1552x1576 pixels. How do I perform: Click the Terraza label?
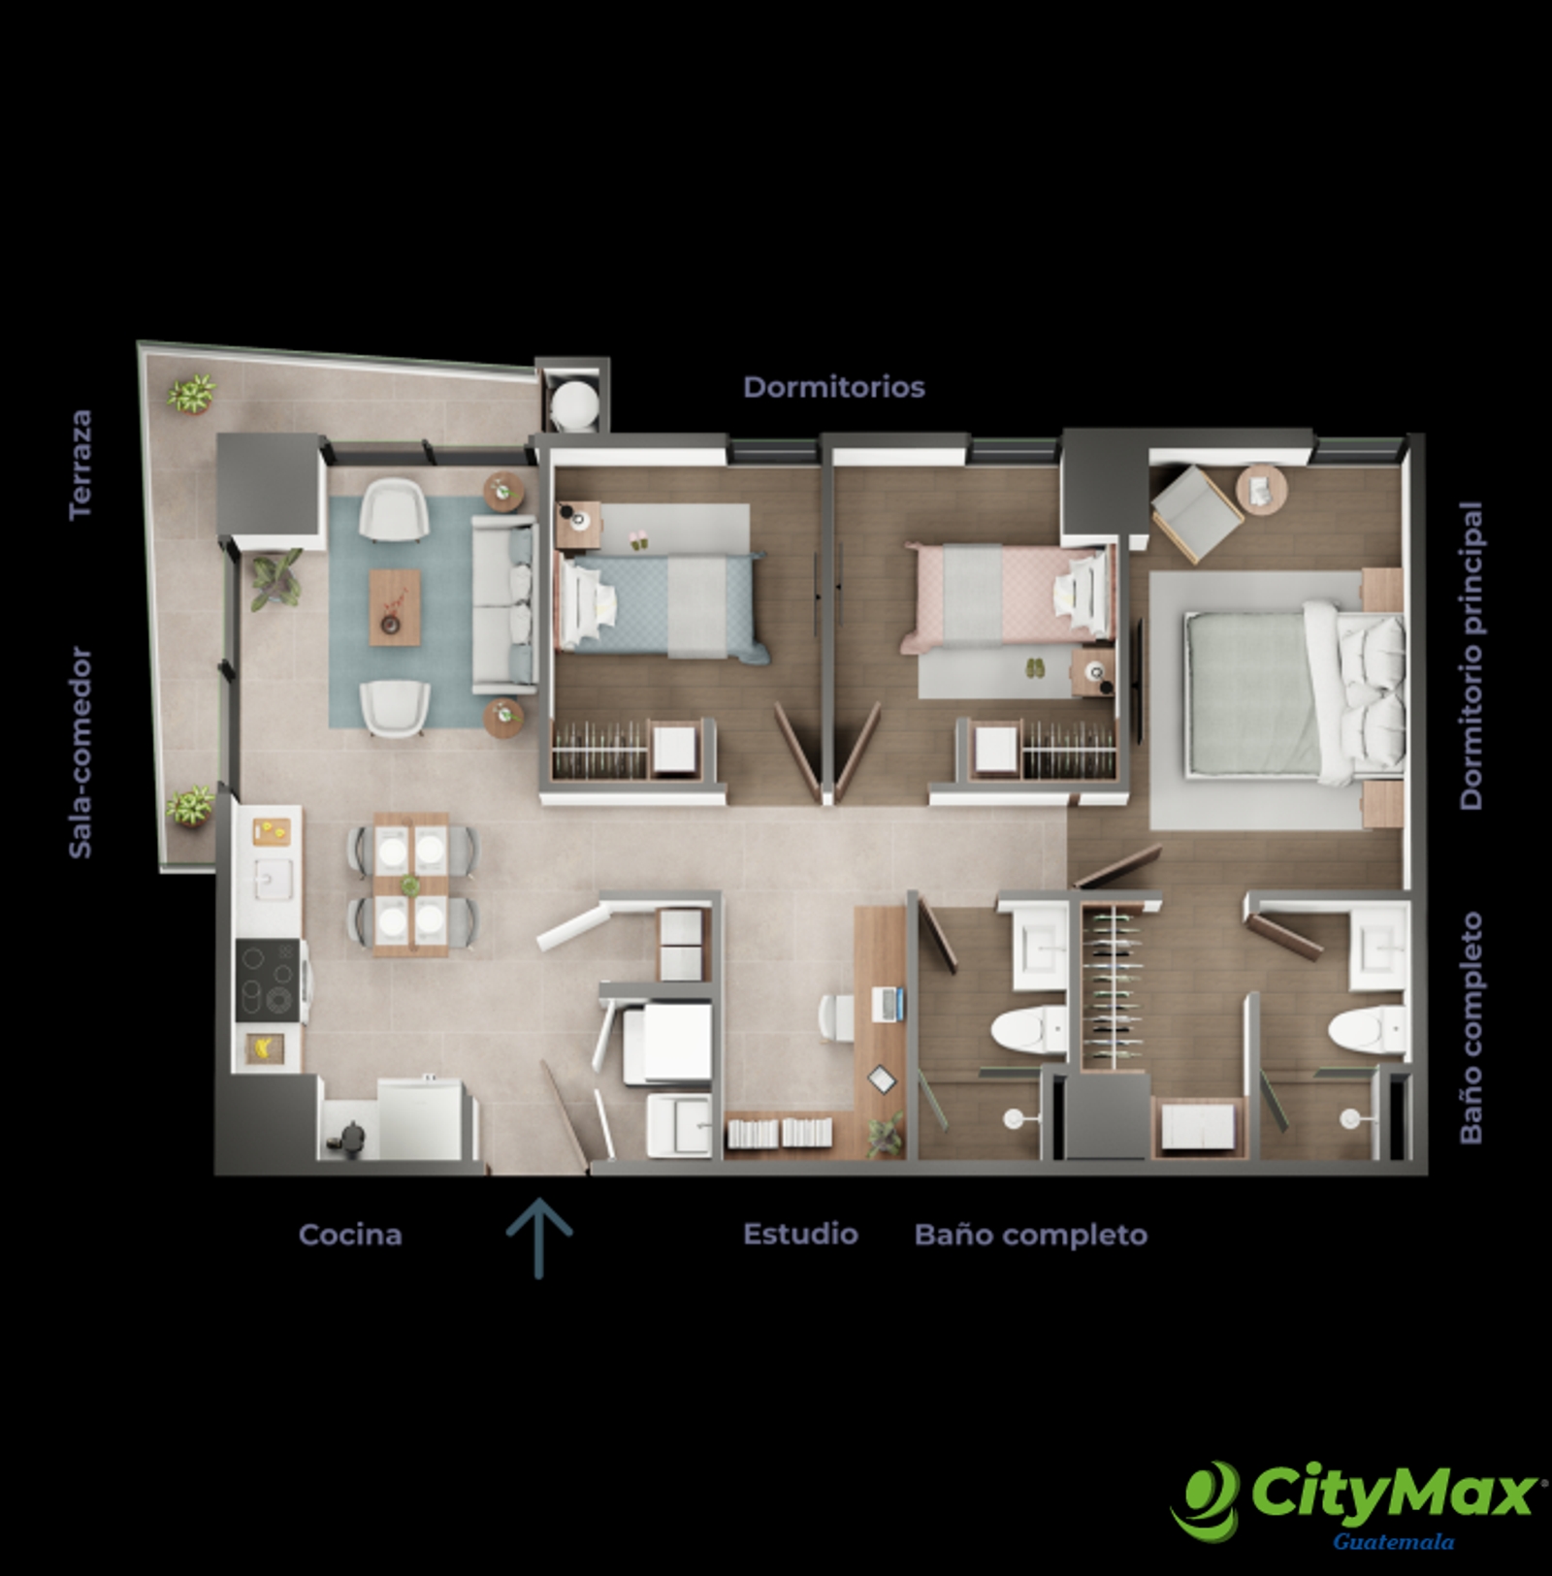click(x=81, y=464)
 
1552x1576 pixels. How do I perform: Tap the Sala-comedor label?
click(x=81, y=753)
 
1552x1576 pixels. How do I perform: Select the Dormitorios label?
click(x=833, y=387)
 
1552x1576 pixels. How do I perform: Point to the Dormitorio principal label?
click(x=1471, y=656)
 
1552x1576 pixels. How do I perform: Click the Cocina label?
click(x=350, y=1235)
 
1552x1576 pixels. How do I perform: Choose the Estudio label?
click(x=800, y=1234)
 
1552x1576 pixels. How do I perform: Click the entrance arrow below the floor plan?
click(x=539, y=1238)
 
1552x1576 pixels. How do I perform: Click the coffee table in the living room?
click(x=395, y=607)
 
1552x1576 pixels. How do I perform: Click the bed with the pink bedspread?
click(x=1007, y=595)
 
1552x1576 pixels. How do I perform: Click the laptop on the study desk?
click(x=889, y=1003)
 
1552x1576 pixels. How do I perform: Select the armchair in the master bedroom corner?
click(x=1196, y=512)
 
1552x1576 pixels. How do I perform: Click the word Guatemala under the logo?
click(x=1393, y=1542)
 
